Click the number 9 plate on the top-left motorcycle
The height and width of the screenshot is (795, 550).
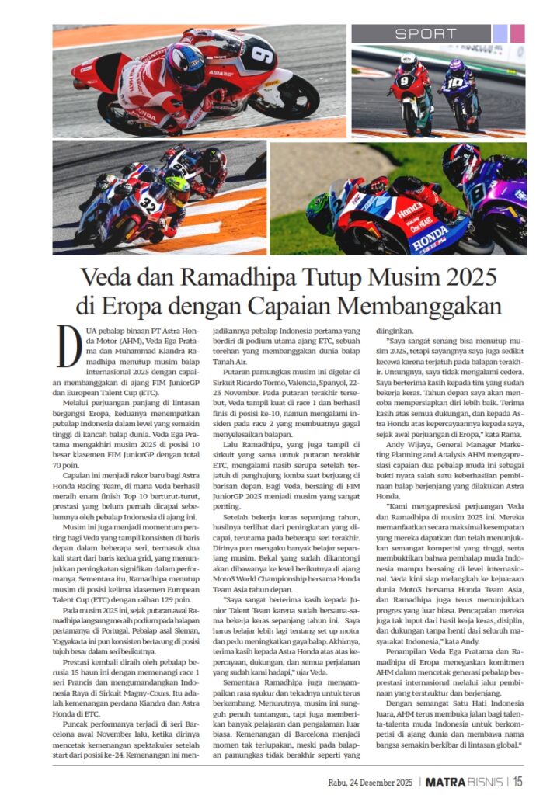click(x=262, y=57)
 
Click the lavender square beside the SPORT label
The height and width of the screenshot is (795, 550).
click(x=500, y=33)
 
